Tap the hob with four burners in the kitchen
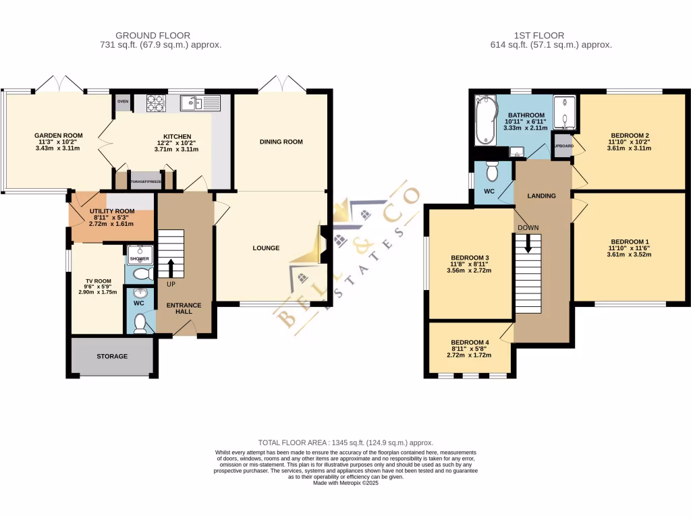coord(156,103)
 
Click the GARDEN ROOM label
coord(59,136)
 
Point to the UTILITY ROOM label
coord(112,211)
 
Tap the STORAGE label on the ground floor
coord(112,356)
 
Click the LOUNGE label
coord(267,248)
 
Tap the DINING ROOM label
coord(281,142)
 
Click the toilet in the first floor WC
coord(493,173)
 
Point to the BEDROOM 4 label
coord(470,341)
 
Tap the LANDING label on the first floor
coord(542,196)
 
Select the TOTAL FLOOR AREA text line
coord(345,442)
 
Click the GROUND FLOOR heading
coord(153,35)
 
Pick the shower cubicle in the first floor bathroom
coord(565,113)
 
